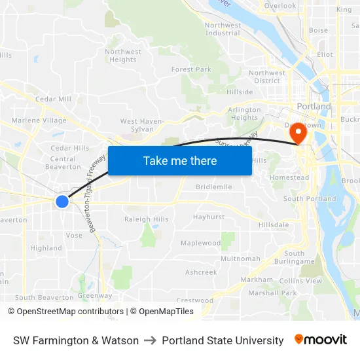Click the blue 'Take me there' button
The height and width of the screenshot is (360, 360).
(180, 160)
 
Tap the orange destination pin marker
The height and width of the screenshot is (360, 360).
(298, 133)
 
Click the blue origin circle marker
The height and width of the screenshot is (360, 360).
(62, 202)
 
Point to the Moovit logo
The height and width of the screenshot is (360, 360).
(320, 340)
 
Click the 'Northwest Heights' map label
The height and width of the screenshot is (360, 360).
(123, 56)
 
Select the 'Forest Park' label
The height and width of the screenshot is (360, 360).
(191, 69)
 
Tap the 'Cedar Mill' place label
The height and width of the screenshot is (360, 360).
(53, 99)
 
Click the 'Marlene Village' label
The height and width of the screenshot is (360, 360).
(39, 120)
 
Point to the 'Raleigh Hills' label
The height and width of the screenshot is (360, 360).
(146, 219)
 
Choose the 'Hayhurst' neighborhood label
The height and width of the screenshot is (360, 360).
(209, 217)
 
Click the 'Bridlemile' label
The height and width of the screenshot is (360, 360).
(213, 187)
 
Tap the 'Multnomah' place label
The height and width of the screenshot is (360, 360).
(240, 259)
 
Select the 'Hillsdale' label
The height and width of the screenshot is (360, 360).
(274, 225)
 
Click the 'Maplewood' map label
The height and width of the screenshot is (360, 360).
(200, 243)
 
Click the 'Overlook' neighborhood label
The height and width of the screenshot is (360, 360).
(280, 6)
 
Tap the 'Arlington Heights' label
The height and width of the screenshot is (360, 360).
(245, 114)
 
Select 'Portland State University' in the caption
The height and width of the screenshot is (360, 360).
(223, 340)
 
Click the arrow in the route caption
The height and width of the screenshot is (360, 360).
(150, 340)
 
